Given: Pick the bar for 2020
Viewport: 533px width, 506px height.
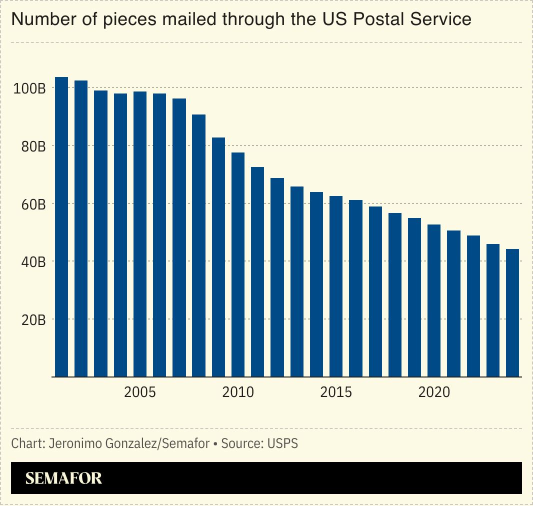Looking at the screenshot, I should click(x=434, y=300).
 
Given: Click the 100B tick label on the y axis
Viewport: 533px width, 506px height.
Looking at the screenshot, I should click(x=29, y=88).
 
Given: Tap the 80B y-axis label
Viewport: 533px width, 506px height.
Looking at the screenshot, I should click(x=32, y=146).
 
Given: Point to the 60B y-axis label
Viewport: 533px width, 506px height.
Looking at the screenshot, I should click(x=32, y=204).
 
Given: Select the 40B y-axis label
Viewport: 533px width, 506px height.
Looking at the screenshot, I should click(x=32, y=261).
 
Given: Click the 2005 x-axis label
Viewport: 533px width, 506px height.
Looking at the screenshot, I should click(x=140, y=392).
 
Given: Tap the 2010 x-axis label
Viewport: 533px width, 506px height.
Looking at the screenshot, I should click(x=238, y=392).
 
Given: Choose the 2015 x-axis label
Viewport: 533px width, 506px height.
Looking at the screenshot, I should click(x=336, y=392).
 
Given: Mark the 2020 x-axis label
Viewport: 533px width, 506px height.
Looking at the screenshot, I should click(x=434, y=392).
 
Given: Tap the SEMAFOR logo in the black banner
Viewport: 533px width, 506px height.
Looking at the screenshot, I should click(x=63, y=478).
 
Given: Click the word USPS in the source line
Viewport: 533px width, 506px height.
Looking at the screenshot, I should click(x=282, y=443).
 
